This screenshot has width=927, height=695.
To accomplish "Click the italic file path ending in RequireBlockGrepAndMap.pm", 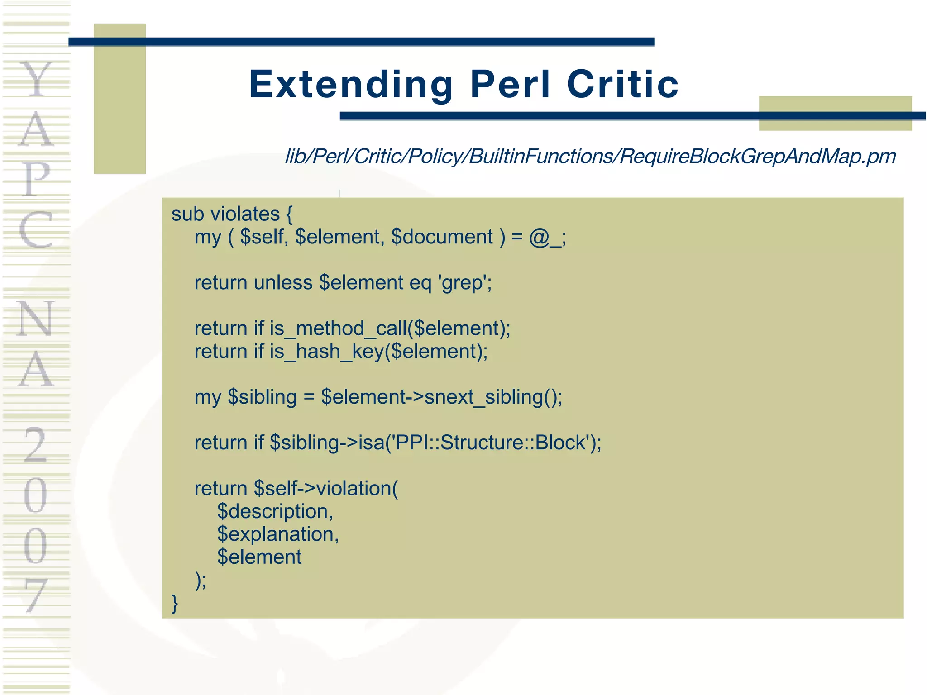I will click(x=590, y=157).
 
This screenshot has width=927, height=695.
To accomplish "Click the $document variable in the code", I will click(x=442, y=237).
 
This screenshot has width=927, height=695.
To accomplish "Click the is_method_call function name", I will click(x=338, y=328).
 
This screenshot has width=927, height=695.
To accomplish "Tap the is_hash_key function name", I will click(x=326, y=352).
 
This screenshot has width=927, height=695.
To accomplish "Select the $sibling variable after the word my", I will click(x=262, y=397).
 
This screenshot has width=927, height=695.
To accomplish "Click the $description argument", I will click(x=274, y=512).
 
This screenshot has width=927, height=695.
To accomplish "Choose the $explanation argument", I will click(x=277, y=534).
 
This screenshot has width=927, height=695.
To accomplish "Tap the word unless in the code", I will click(x=282, y=283).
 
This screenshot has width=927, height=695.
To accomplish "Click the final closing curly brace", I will click(x=175, y=604).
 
